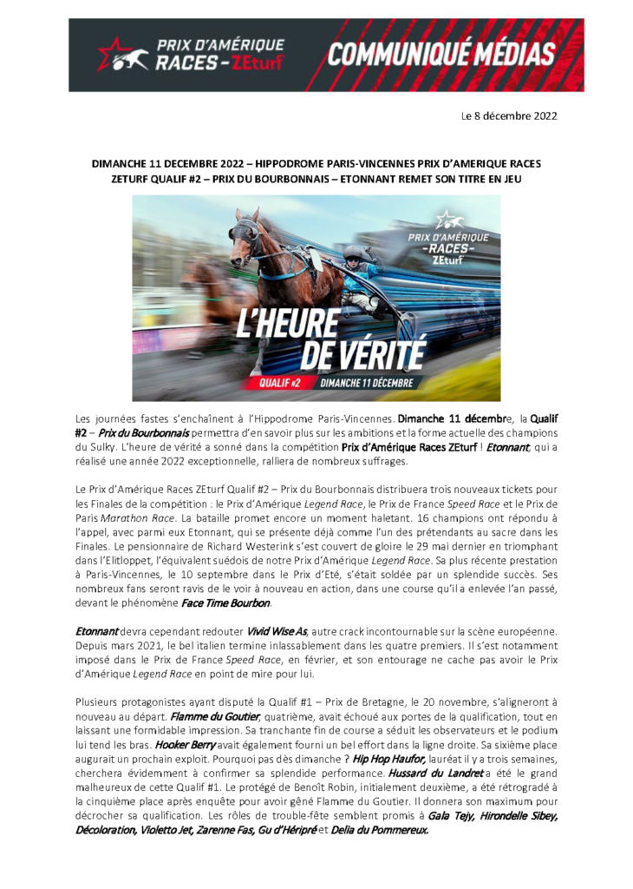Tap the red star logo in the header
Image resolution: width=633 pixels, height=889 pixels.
113,54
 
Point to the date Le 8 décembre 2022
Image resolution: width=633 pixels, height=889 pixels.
508,115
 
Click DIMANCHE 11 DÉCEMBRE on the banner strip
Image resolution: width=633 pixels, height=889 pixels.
367,381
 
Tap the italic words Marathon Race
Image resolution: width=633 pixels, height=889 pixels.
140,517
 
